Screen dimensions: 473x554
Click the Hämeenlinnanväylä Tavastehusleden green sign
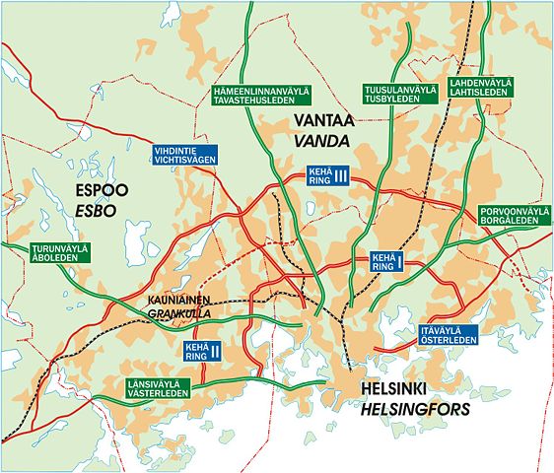point(261,97)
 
